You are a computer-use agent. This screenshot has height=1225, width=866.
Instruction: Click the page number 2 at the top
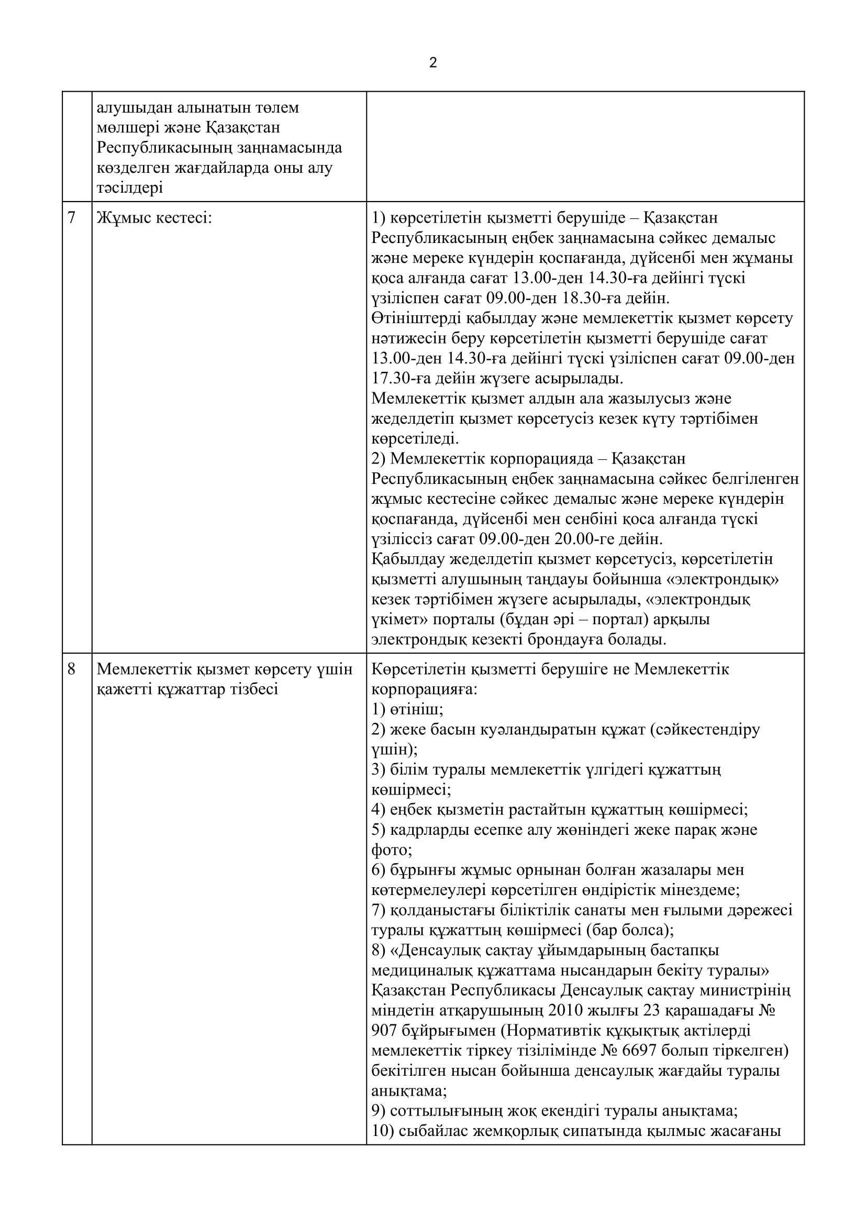tap(432, 63)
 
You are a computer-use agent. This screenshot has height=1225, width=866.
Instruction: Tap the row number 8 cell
tap(72, 669)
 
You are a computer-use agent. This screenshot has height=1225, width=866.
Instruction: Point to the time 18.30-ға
tap(696, 297)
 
